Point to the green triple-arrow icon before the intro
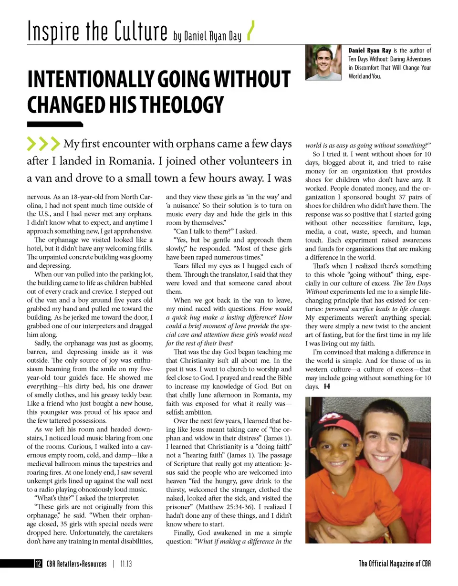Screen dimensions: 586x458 [x=43, y=143]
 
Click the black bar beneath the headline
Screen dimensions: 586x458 [x=55, y=125]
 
